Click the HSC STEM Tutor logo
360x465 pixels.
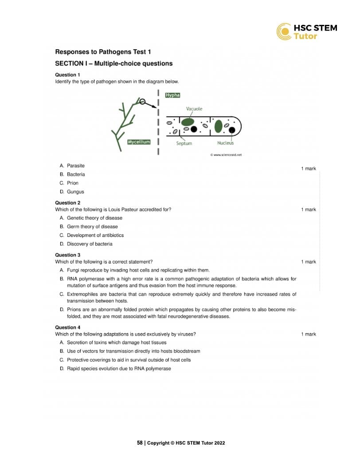[x=306, y=32]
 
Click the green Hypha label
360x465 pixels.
[x=172, y=95]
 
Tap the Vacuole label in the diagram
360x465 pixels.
[x=194, y=109]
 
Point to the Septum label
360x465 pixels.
[x=184, y=143]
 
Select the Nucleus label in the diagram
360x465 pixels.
[x=225, y=143]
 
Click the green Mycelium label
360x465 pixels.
[x=139, y=142]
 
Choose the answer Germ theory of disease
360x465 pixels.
[x=92, y=227]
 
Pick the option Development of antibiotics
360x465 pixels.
[x=95, y=235]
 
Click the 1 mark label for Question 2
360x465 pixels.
[x=308, y=209]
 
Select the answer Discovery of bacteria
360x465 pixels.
[x=89, y=244]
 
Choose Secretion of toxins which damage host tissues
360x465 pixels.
[x=116, y=343]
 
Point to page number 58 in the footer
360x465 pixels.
[x=140, y=443]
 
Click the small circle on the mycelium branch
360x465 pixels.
[x=142, y=101]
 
